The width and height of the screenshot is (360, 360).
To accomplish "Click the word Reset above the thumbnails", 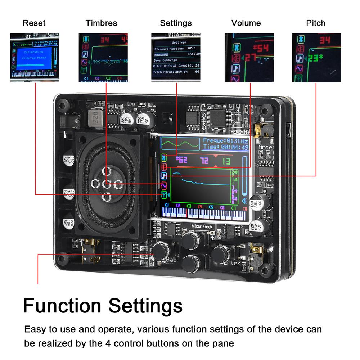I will pyautogui.click(x=34, y=23).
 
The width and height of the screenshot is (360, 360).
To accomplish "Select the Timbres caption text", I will pyautogui.click(x=101, y=23).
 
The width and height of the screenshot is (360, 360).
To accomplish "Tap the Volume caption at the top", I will pyautogui.click(x=246, y=23).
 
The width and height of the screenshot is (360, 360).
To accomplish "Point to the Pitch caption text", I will pyautogui.click(x=316, y=23).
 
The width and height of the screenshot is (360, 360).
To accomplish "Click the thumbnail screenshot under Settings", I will pyautogui.click(x=176, y=58).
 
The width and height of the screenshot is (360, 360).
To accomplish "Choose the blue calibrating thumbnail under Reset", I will pyautogui.click(x=35, y=58).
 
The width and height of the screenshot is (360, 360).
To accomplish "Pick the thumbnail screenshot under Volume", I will pyautogui.click(x=249, y=58).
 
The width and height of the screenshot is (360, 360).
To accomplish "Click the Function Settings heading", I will pyautogui.click(x=103, y=306).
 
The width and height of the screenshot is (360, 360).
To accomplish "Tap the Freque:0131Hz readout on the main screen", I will pyautogui.click(x=225, y=140).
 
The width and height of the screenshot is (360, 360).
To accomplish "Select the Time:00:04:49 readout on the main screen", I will pyautogui.click(x=225, y=147).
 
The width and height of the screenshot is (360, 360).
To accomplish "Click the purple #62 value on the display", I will pyautogui.click(x=181, y=160).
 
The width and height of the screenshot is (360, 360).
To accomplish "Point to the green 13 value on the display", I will pyautogui.click(x=226, y=161).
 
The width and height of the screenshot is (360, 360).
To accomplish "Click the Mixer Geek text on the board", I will pyautogui.click(x=202, y=227).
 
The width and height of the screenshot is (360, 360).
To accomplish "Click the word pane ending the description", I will pyautogui.click(x=222, y=343).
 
